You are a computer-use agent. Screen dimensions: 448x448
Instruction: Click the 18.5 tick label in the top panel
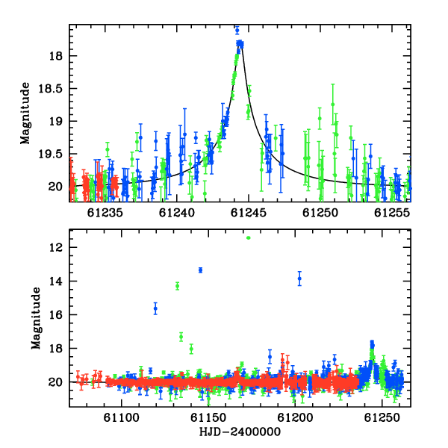click(50, 89)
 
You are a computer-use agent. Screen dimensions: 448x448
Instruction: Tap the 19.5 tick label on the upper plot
click(50, 155)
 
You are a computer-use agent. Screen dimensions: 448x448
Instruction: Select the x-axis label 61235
click(105, 213)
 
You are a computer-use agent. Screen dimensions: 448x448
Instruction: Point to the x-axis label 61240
click(176, 213)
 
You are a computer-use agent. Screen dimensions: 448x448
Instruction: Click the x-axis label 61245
click(249, 213)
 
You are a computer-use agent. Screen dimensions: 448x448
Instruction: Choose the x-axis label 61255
click(392, 213)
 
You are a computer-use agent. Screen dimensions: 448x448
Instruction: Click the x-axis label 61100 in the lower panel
click(122, 418)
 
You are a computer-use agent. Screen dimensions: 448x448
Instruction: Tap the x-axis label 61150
click(208, 418)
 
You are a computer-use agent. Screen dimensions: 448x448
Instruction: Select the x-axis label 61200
click(295, 418)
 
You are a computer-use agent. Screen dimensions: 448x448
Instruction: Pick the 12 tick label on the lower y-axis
click(56, 248)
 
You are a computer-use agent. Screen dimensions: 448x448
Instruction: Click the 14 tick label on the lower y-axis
click(56, 281)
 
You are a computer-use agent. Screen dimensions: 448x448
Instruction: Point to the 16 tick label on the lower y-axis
click(56, 315)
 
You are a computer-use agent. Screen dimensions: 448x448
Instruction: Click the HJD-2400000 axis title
click(240, 432)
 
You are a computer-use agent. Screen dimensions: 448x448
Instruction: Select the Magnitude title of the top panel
click(25, 113)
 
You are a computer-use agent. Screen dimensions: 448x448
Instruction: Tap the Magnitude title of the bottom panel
click(36, 318)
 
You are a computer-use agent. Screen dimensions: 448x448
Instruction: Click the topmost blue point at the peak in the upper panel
click(237, 30)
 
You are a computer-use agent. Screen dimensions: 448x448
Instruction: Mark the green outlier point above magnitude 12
click(249, 237)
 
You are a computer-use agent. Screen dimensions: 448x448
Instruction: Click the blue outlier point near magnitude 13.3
click(201, 270)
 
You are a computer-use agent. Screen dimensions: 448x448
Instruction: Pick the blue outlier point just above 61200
click(299, 279)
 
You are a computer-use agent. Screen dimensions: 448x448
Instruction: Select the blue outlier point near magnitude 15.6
click(155, 308)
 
